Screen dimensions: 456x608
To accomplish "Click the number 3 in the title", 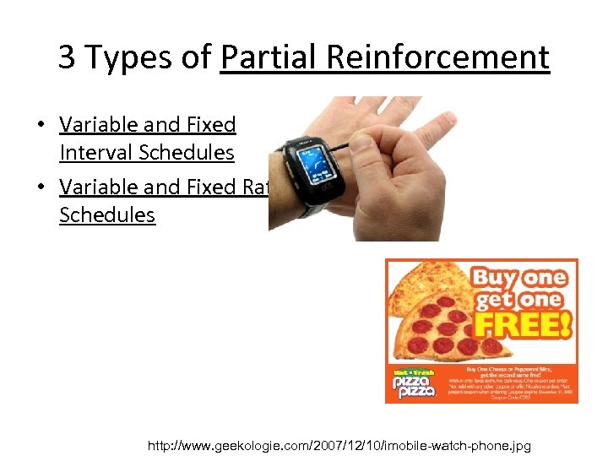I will pos(67,57).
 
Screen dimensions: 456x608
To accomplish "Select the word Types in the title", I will pos(123,58).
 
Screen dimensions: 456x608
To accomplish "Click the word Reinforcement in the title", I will pos(439,57).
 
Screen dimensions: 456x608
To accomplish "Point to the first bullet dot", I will pos(41,125).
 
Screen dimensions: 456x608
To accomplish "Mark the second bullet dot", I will pos(41,187).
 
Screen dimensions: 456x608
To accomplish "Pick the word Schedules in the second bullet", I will pos(107,214).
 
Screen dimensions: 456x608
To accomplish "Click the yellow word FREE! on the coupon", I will pos(524,325).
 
